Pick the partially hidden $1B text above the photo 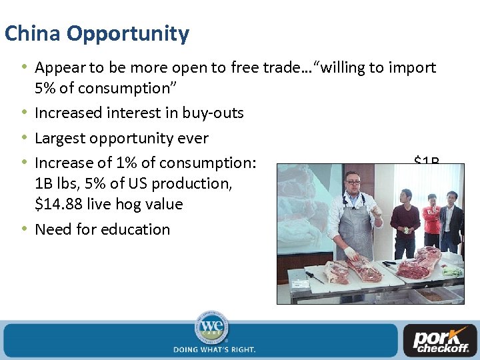tap(427, 161)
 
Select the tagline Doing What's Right tap(214, 349)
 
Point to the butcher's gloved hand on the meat tap(350, 253)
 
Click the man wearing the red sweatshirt tap(432, 220)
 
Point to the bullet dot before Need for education tap(25, 229)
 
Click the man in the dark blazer tap(451, 220)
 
